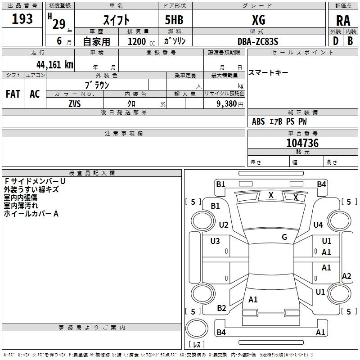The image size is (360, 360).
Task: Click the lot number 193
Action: click(x=22, y=19)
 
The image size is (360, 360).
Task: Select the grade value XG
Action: click(x=258, y=20)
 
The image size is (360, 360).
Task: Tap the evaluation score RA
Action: click(x=343, y=21)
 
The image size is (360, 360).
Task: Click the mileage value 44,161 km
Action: click(x=54, y=65)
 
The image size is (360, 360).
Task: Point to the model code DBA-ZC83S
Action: click(x=258, y=41)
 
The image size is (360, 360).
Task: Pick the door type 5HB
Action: click(x=174, y=20)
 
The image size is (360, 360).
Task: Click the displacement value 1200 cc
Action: click(x=141, y=42)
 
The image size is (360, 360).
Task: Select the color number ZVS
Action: click(x=75, y=104)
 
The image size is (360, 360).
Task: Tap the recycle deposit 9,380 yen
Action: click(x=229, y=104)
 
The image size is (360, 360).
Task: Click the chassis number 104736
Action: click(x=302, y=143)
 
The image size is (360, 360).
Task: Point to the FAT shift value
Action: click(x=13, y=94)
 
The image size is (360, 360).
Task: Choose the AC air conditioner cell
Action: click(x=35, y=94)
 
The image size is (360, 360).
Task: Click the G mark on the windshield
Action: click(x=284, y=237)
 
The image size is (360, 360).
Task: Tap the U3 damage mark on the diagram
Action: click(x=215, y=241)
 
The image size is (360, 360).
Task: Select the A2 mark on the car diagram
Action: click(x=346, y=276)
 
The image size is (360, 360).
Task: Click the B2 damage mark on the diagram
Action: click(x=221, y=308)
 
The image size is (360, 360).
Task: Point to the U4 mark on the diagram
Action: click(x=318, y=225)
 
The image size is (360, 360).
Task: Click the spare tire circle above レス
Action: click(x=197, y=328)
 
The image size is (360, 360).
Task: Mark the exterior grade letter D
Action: click(x=336, y=41)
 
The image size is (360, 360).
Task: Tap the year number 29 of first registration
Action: click(x=59, y=24)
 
